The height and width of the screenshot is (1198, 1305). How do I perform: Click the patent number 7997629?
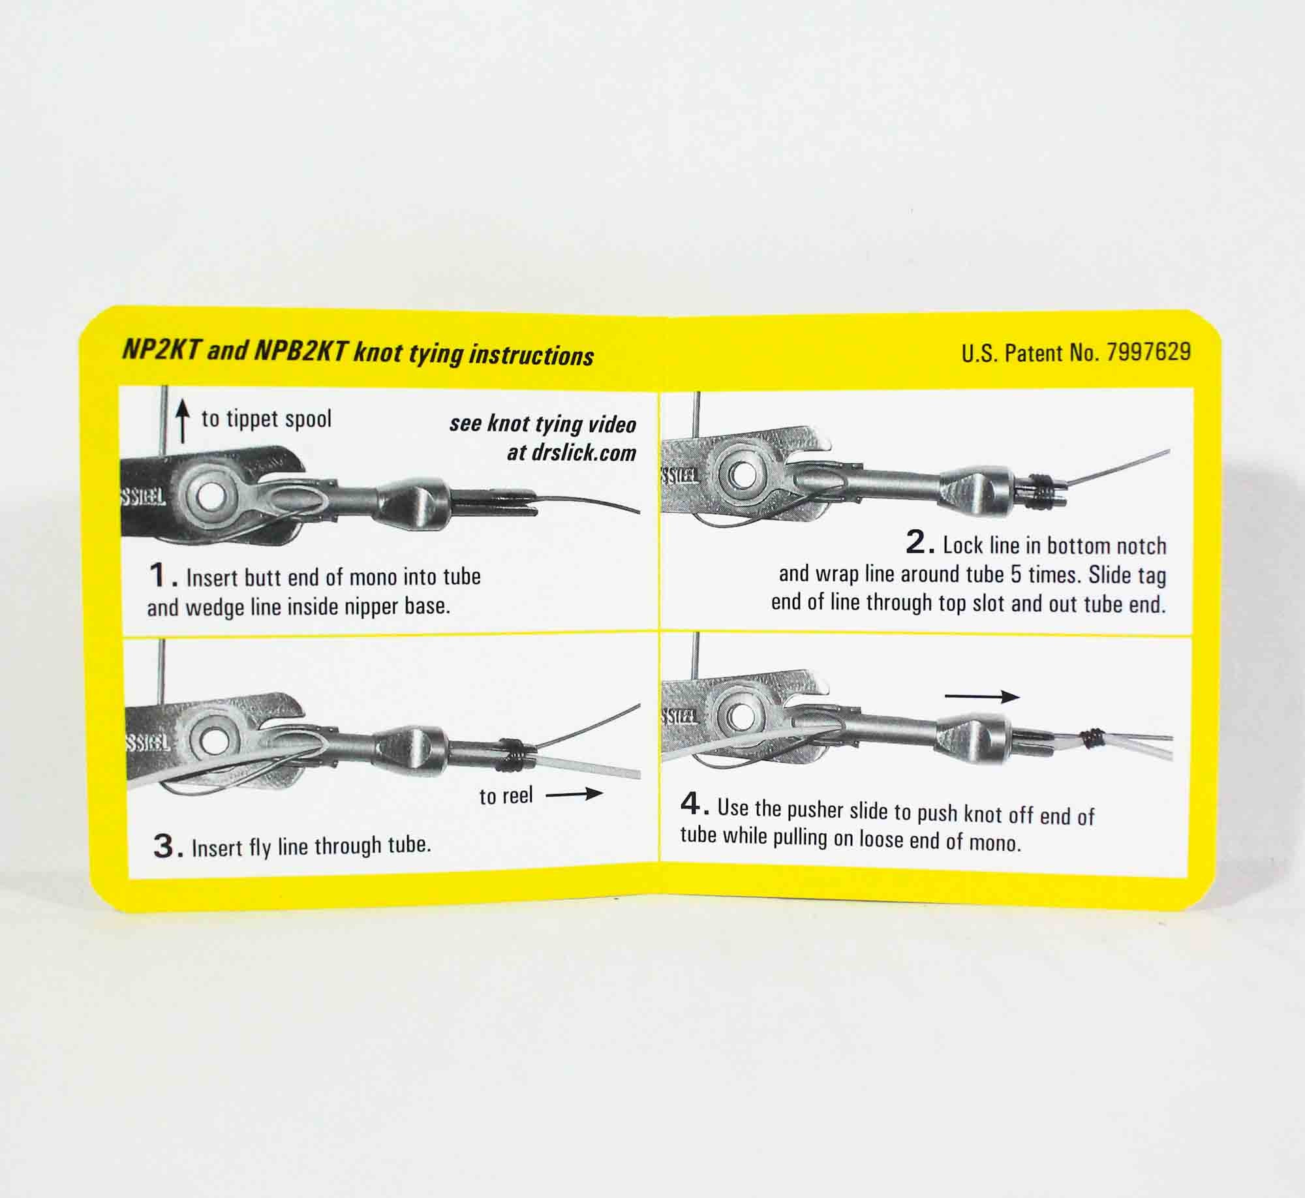click(1148, 353)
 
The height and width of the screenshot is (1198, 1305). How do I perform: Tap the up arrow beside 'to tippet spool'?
click(184, 422)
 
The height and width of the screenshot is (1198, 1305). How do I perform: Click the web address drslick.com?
click(572, 453)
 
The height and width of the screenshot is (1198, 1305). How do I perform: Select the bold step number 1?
click(160, 576)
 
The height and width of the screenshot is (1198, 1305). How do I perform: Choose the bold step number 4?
click(693, 805)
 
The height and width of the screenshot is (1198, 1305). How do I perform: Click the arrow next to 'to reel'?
click(574, 794)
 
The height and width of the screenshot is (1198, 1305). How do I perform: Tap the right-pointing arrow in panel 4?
click(981, 697)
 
